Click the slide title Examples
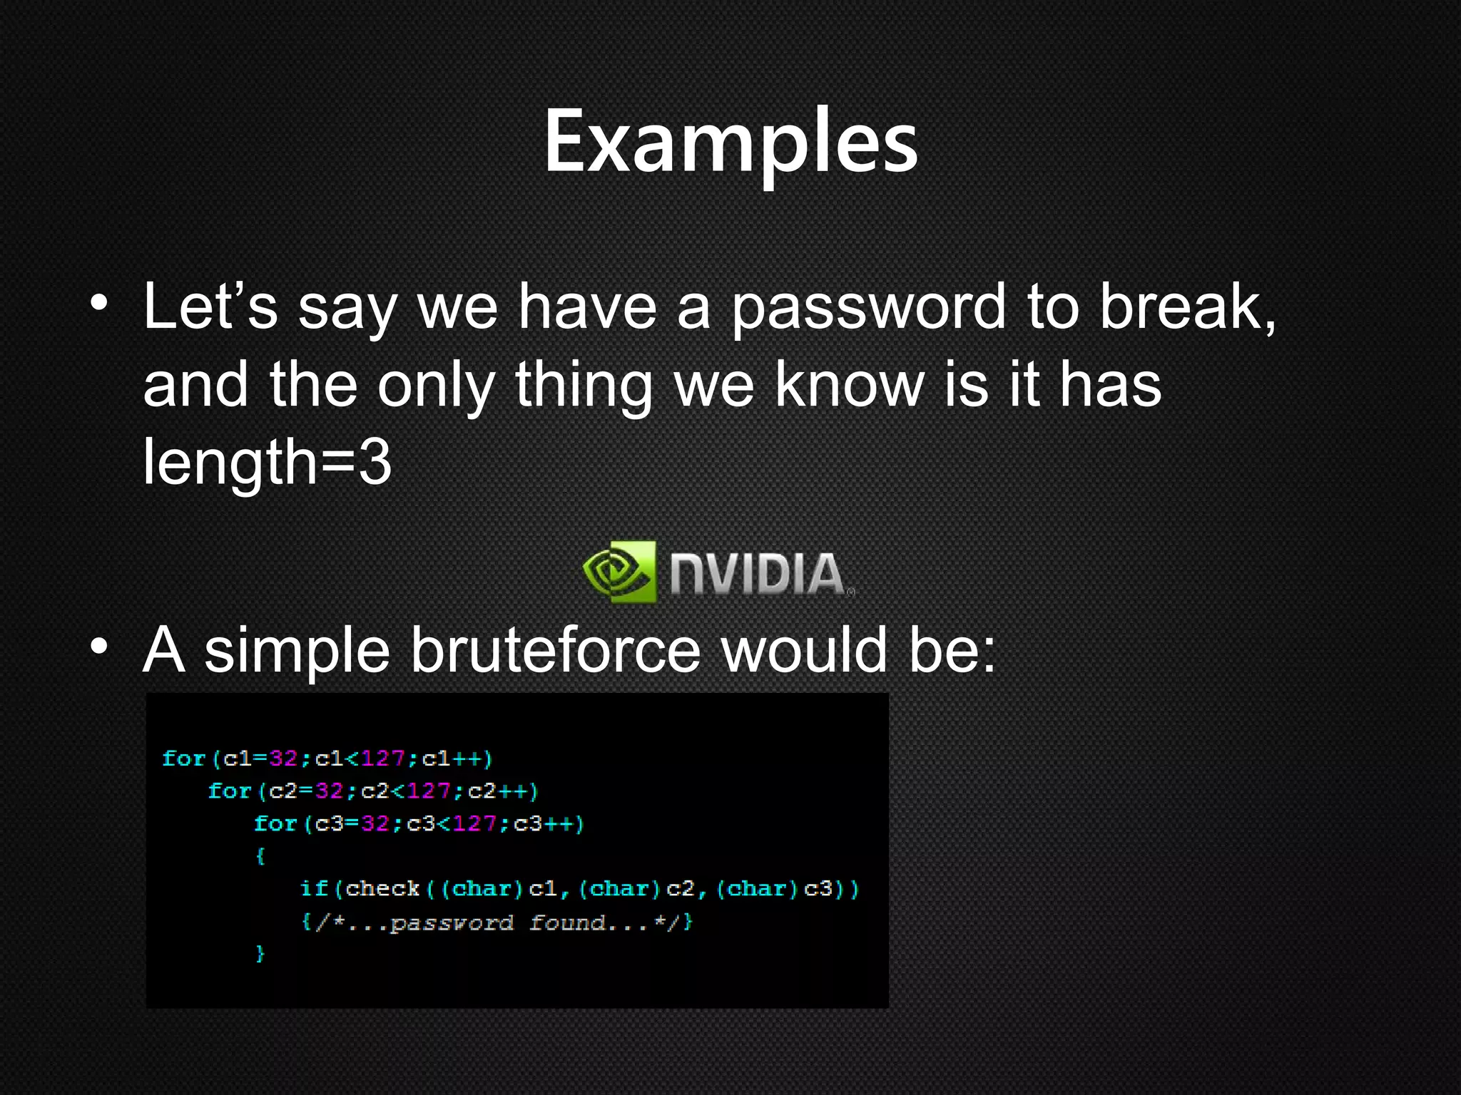(730, 141)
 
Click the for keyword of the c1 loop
(183, 759)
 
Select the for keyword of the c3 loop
(275, 824)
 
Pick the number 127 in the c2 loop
(428, 791)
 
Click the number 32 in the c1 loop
(283, 759)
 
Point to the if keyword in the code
(314, 889)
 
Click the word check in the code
(382, 889)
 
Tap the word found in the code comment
(568, 923)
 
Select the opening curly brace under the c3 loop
(260, 856)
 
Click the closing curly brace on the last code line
(260, 954)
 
